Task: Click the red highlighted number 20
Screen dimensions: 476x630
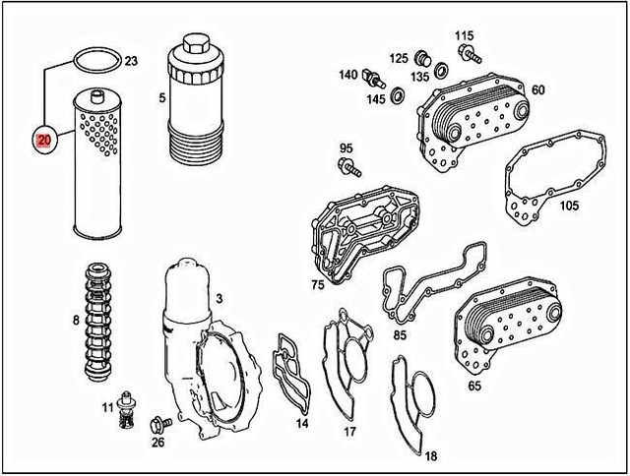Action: (44, 140)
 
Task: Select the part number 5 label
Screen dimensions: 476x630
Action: (162, 98)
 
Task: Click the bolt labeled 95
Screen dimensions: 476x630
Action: (347, 171)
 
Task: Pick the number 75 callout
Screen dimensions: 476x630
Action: (317, 285)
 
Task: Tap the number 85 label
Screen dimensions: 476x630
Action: (400, 333)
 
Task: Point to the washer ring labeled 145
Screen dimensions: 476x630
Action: (398, 96)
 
